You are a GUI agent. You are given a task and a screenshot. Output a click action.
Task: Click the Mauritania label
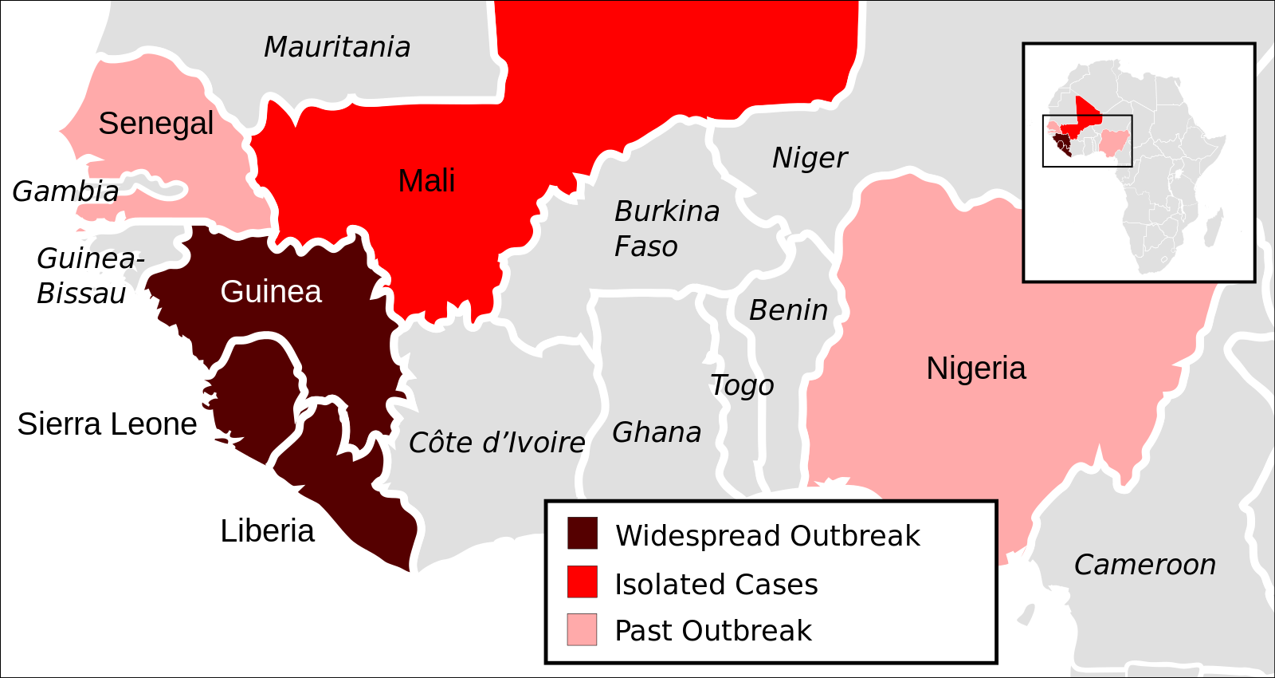coord(337,47)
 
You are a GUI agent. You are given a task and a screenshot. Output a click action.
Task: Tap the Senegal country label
coord(156,124)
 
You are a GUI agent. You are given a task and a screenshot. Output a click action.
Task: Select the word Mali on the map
coord(426,181)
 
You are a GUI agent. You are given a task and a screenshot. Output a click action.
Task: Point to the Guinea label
coord(271,292)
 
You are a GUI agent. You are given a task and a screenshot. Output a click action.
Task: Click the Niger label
coord(810,158)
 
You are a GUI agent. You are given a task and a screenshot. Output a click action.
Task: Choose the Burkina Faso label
coord(666,229)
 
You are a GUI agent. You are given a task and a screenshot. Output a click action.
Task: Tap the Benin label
coord(788,310)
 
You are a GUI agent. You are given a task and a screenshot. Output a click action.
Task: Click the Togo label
coord(742,385)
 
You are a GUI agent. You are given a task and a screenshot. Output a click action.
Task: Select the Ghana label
coord(657,432)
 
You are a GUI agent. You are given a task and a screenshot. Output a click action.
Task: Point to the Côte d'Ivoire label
coord(496,443)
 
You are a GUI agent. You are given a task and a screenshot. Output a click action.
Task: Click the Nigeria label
coord(976,369)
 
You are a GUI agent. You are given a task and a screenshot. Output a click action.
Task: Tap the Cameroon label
coord(1144,565)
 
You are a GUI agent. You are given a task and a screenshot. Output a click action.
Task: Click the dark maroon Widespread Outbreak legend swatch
coord(583,534)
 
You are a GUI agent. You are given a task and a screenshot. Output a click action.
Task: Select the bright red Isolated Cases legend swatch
coord(583,582)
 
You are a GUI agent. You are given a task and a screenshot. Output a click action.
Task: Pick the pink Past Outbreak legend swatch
coord(583,629)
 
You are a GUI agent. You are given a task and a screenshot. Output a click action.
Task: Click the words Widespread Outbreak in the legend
coord(767,536)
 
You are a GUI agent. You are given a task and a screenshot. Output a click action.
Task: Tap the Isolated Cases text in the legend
coord(716,585)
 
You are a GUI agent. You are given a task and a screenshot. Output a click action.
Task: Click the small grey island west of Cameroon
coord(1026,614)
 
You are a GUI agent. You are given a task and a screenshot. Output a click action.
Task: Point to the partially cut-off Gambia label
coord(93,191)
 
